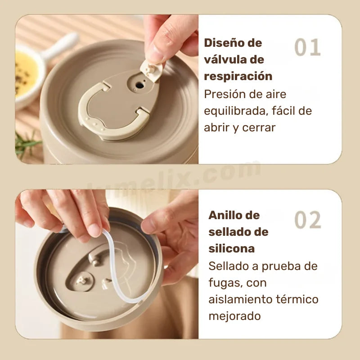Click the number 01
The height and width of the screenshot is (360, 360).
click(x=308, y=48)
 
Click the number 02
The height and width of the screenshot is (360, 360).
click(x=308, y=220)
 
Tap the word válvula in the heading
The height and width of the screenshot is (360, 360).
click(x=234, y=59)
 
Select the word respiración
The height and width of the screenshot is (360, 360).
click(x=238, y=76)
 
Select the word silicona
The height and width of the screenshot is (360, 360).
click(x=231, y=248)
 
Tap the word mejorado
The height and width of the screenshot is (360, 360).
click(x=234, y=316)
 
